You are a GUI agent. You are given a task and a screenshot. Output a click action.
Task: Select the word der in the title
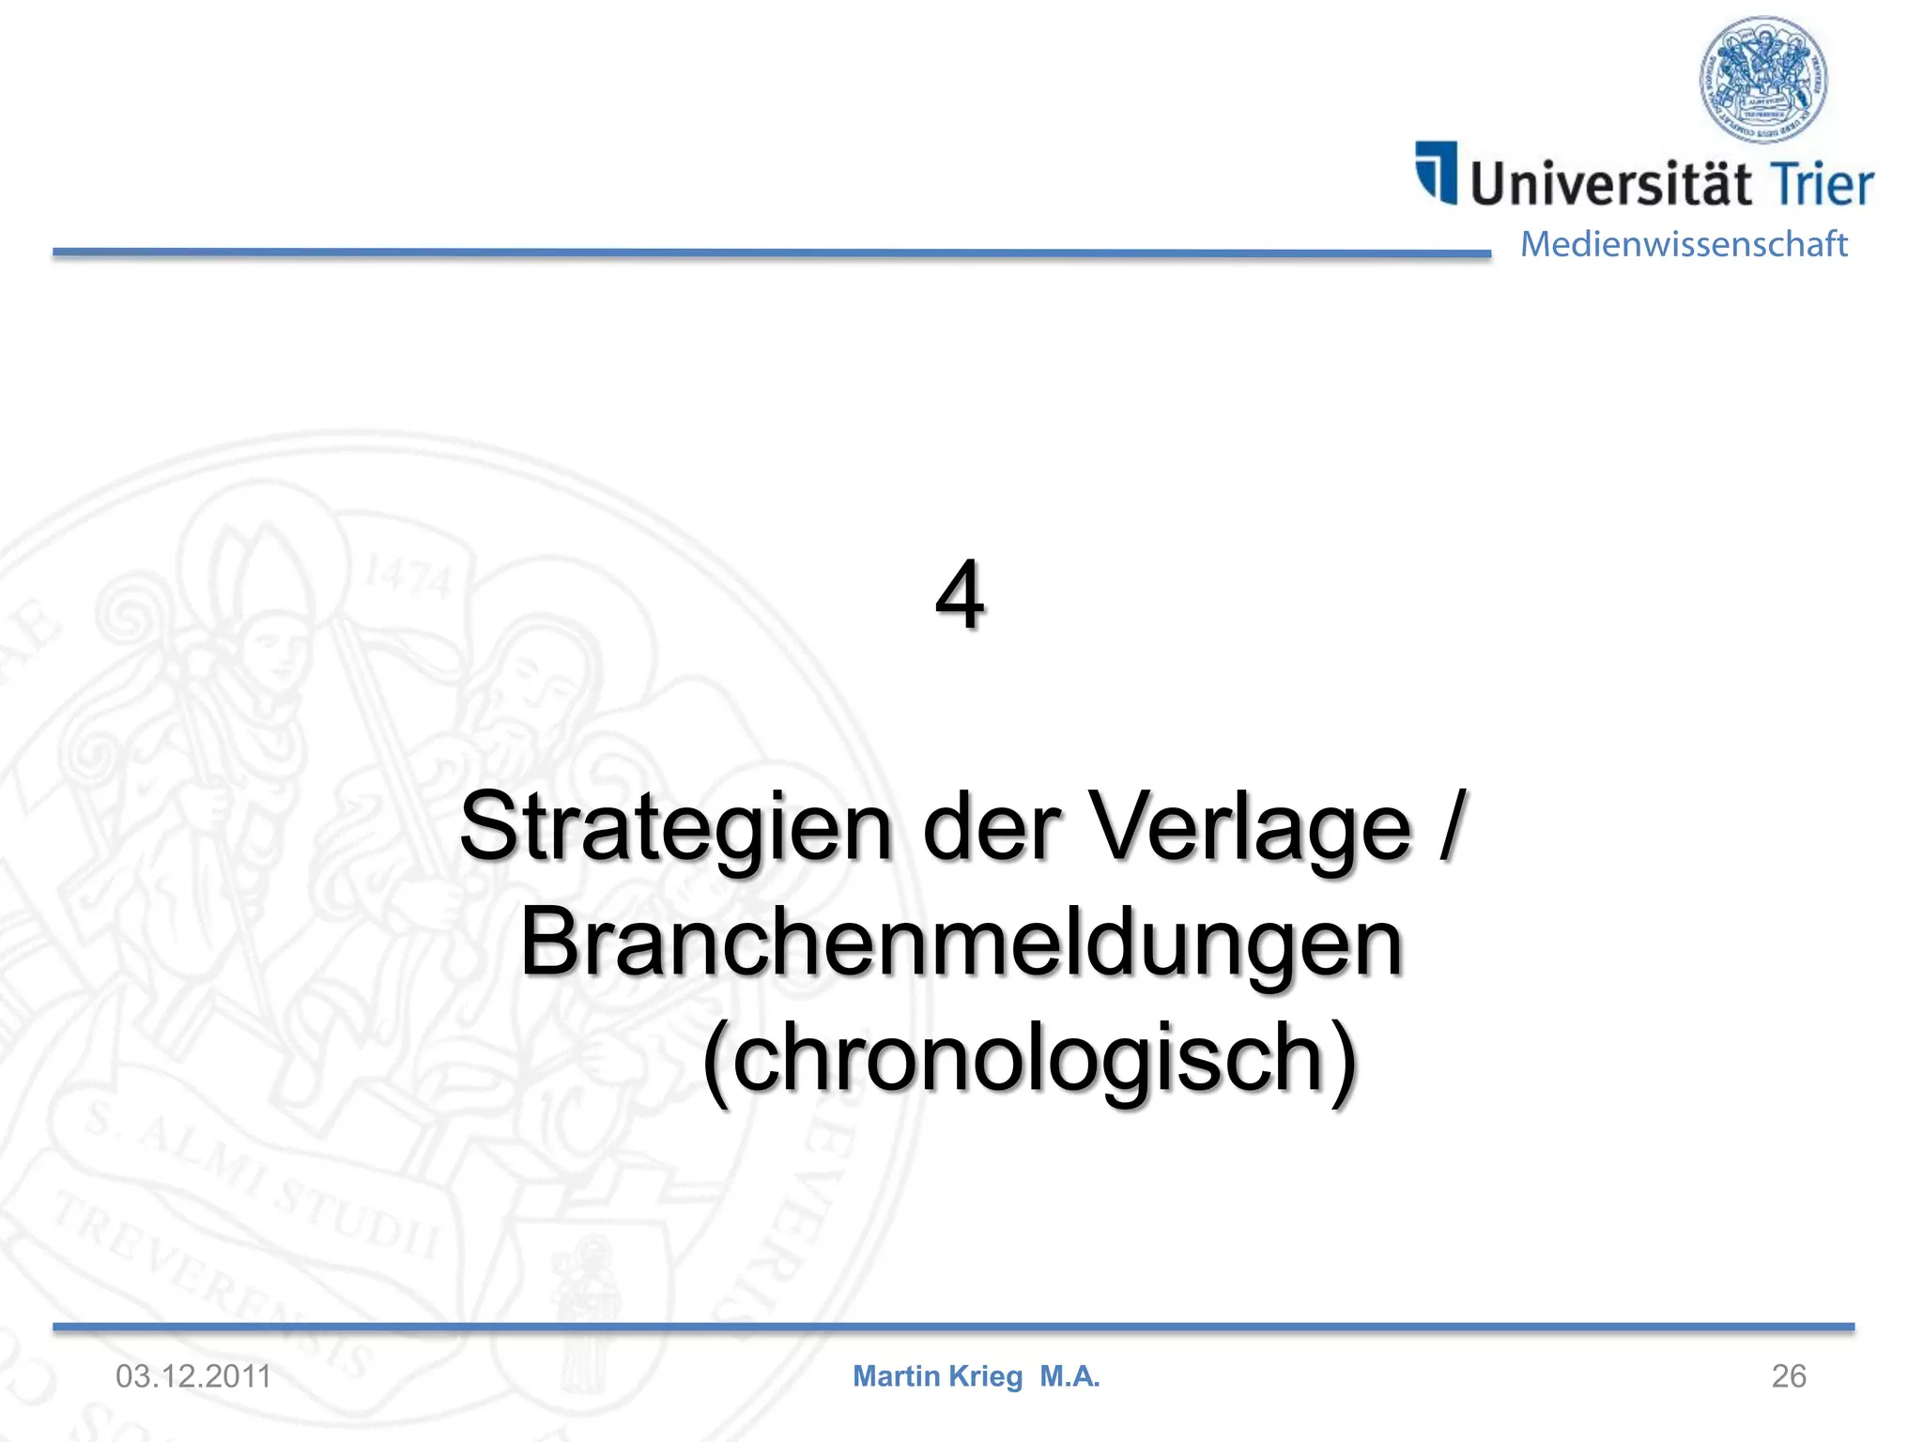[x=992, y=826]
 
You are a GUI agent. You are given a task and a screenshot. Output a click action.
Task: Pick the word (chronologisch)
[x=1030, y=1058]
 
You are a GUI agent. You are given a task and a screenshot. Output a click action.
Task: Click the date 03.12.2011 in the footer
[x=193, y=1376]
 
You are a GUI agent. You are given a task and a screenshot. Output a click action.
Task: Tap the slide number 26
[x=1788, y=1376]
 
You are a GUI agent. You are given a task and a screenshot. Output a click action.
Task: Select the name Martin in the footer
[x=896, y=1376]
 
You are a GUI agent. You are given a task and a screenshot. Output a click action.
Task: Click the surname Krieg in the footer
[x=986, y=1376]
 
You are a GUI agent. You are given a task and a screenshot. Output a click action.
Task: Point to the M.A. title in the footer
[x=1069, y=1376]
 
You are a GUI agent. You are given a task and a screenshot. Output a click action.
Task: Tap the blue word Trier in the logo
[x=1822, y=182]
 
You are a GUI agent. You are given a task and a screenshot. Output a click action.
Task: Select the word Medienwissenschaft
[x=1684, y=244]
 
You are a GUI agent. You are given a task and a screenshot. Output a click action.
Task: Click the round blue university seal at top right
[x=1763, y=80]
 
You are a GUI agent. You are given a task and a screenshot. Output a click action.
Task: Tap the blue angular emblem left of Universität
[x=1437, y=172]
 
